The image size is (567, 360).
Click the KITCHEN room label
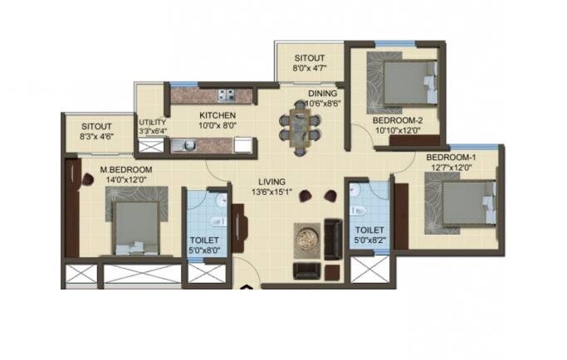click(217, 115)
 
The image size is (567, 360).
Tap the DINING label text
click(322, 94)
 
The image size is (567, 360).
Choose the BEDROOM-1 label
click(449, 158)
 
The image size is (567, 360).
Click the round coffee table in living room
click(306, 238)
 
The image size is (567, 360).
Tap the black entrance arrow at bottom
click(246, 288)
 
